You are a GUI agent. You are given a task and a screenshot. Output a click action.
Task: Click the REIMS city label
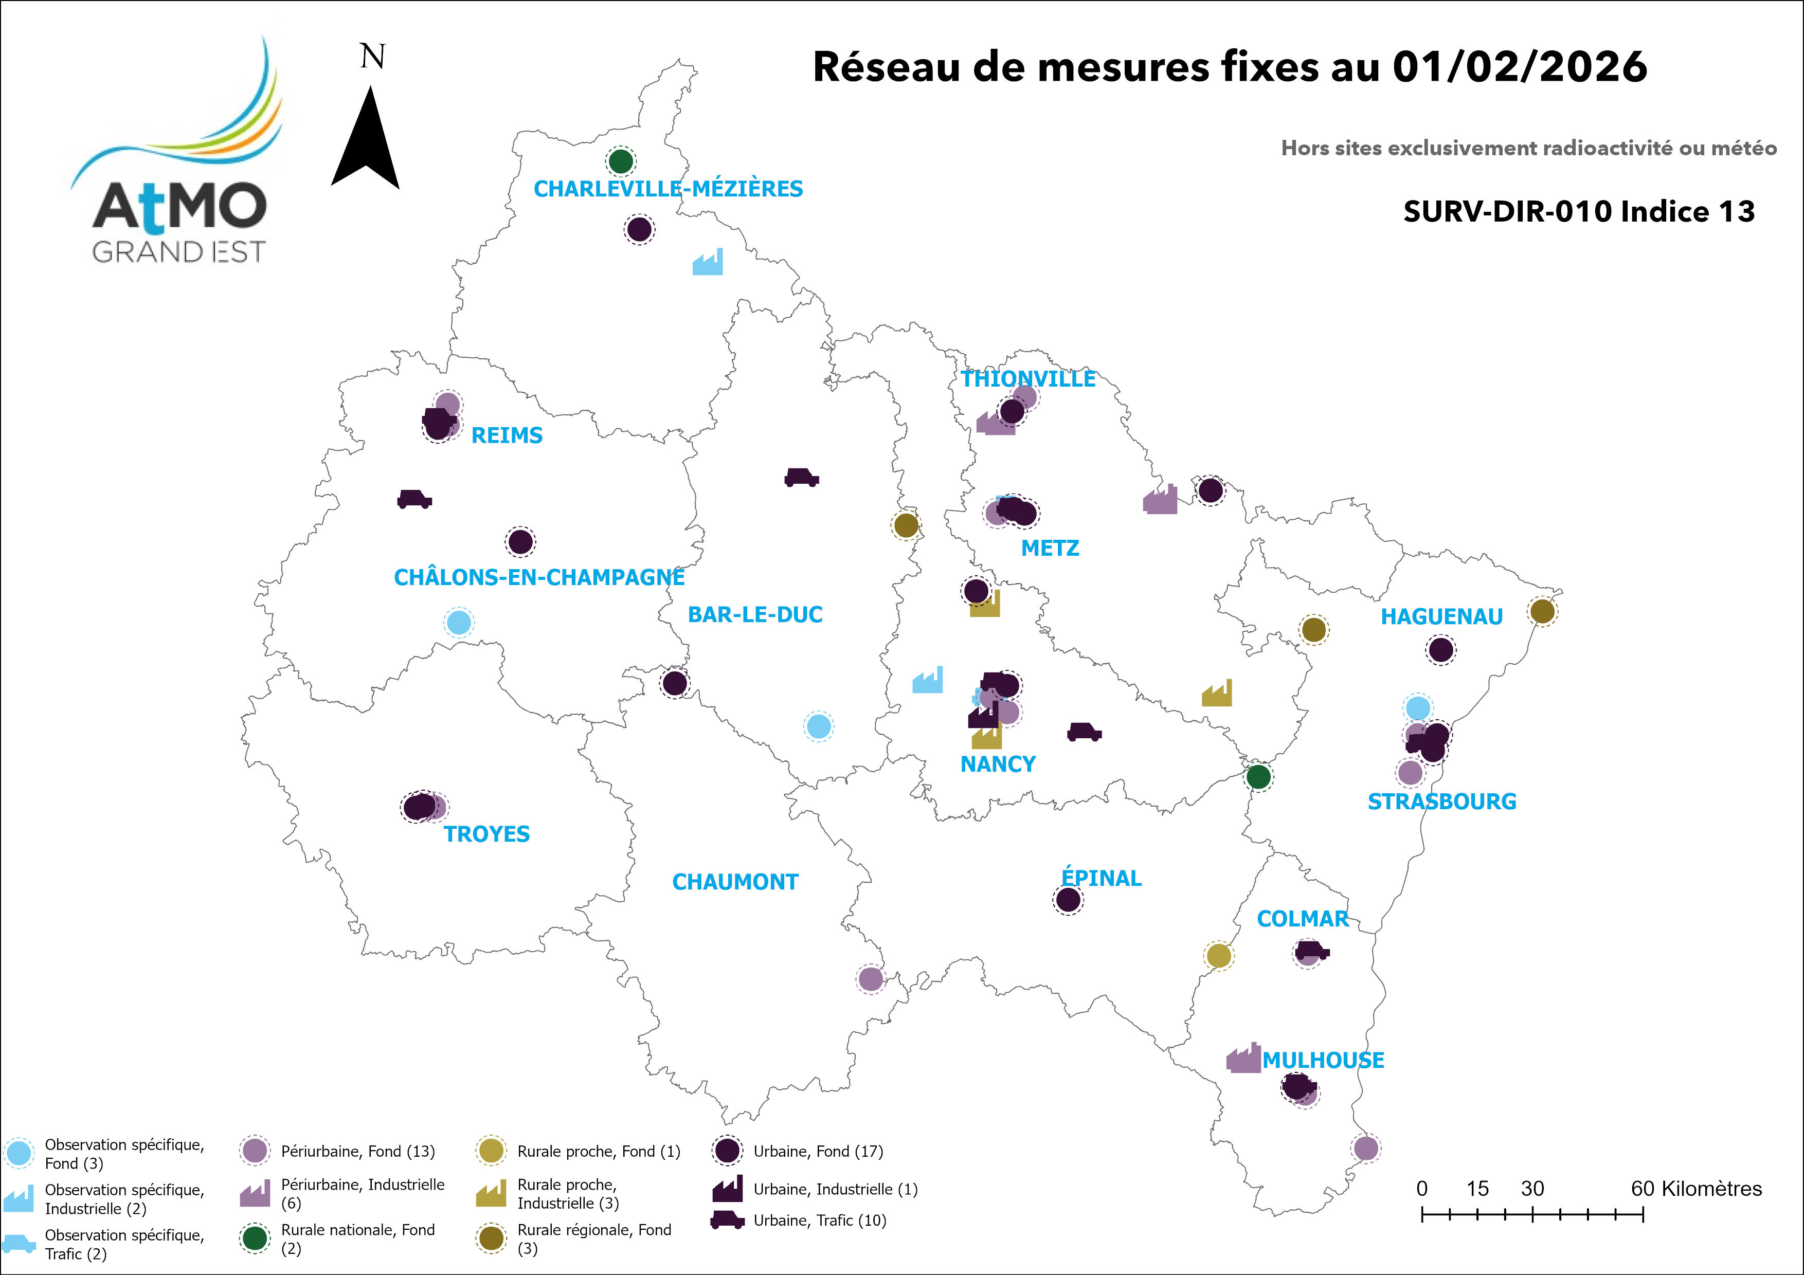pyautogui.click(x=507, y=435)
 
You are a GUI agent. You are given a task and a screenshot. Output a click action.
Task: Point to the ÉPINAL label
pyautogui.click(x=1101, y=878)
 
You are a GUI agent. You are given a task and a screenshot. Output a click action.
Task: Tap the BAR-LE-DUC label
pyautogui.click(x=755, y=614)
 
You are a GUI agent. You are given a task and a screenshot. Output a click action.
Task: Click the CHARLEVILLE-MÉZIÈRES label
pyautogui.click(x=668, y=189)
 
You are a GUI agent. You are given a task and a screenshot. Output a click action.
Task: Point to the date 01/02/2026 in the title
pyautogui.click(x=1520, y=67)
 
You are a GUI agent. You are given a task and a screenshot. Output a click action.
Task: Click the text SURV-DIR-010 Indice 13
pyautogui.click(x=1579, y=211)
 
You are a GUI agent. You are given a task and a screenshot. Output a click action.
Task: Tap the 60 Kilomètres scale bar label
pyautogui.click(x=1695, y=1189)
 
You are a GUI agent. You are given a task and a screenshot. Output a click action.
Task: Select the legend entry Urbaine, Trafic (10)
pyautogui.click(x=819, y=1220)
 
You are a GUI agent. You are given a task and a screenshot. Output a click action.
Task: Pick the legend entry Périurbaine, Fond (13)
pyautogui.click(x=357, y=1151)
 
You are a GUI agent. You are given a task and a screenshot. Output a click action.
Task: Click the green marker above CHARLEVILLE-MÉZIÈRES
pyautogui.click(x=621, y=162)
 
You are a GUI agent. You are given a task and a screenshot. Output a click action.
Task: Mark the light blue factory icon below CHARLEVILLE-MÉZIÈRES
pyautogui.click(x=708, y=262)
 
